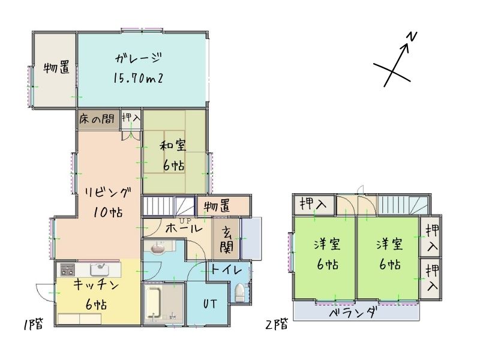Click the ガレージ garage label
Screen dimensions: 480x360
139,58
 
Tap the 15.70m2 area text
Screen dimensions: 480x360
138,78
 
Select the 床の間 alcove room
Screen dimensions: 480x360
97,119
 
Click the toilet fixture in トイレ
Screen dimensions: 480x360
239,293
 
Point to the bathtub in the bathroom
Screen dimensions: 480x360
153,302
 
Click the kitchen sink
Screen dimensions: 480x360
100,269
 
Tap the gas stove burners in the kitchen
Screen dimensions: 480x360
67,269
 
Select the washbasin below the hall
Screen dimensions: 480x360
158,247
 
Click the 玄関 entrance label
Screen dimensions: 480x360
227,239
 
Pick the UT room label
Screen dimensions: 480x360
210,304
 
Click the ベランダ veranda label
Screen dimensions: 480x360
353,313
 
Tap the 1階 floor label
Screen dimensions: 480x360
33,324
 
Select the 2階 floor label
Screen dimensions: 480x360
277,324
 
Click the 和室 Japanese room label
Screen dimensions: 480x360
173,145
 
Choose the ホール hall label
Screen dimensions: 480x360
184,229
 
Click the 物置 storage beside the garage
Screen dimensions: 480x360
56,67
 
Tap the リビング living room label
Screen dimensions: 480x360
108,193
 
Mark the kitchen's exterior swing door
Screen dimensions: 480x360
46,293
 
